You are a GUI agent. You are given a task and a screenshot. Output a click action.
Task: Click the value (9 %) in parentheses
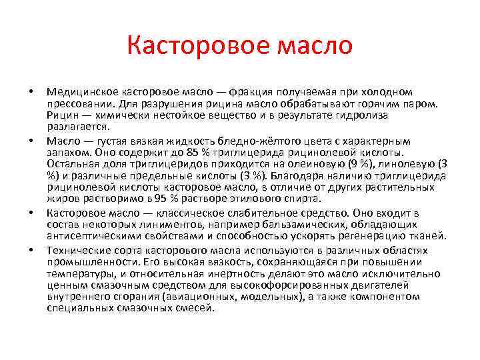(x=374, y=164)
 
